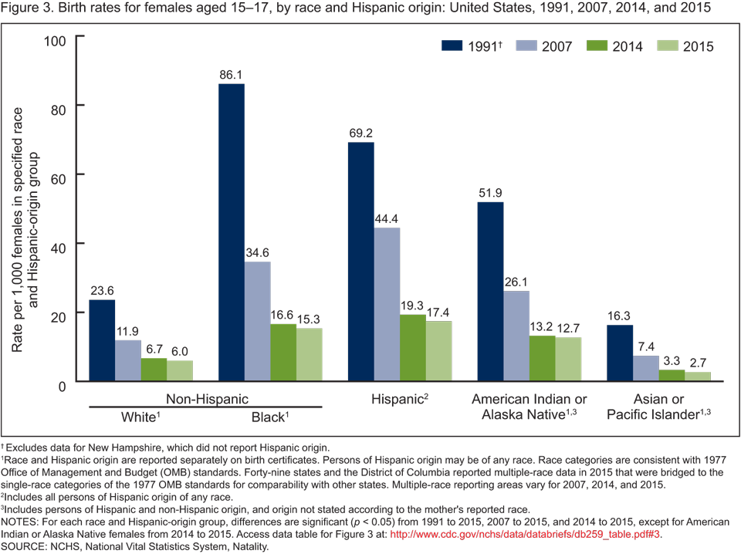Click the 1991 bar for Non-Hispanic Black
(x=232, y=232)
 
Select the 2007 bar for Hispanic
(x=387, y=305)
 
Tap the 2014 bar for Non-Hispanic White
(x=154, y=370)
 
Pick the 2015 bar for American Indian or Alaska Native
(x=568, y=360)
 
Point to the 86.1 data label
(x=232, y=75)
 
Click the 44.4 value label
(x=387, y=219)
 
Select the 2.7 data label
(x=697, y=363)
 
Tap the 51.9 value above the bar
(x=490, y=194)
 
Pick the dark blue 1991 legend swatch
(x=456, y=46)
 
